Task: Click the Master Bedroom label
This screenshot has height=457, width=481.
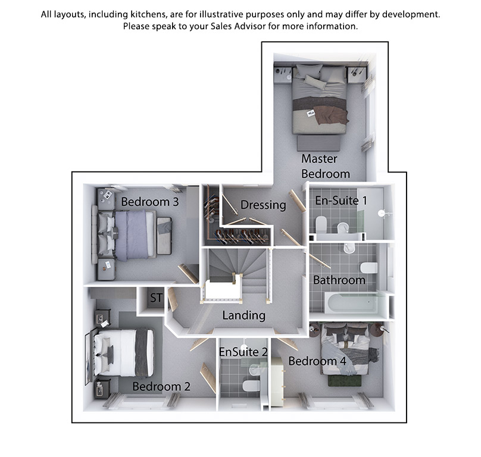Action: tap(326, 166)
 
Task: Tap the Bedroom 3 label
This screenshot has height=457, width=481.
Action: tap(149, 202)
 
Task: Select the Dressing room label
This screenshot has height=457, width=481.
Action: tap(263, 205)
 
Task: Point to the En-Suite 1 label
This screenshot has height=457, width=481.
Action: tap(341, 201)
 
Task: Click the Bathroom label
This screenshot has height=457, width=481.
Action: tap(339, 280)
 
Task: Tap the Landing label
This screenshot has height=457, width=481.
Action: tap(244, 315)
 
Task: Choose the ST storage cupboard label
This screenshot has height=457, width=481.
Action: tap(156, 298)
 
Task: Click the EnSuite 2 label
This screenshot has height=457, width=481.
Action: tap(243, 352)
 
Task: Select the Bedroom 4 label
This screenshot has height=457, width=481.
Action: tap(317, 361)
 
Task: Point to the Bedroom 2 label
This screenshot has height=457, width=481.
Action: tap(161, 386)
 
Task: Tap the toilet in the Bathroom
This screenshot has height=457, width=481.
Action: tap(368, 267)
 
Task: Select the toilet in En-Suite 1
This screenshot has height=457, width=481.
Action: tap(322, 225)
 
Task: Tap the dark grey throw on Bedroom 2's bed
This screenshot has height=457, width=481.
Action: tap(141, 352)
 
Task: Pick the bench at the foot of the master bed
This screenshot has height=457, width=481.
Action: tap(319, 143)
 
